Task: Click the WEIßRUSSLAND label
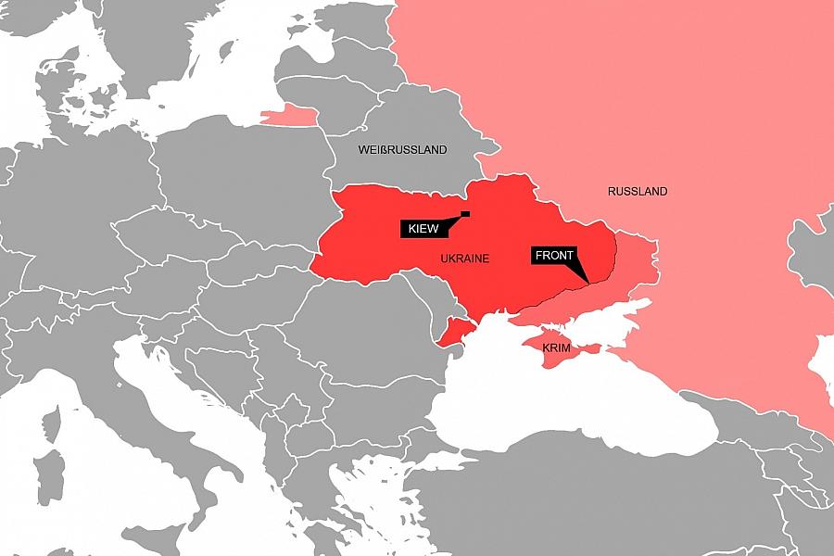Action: pos(402,149)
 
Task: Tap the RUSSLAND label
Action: pos(638,192)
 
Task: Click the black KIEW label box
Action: pos(423,228)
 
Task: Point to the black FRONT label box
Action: pos(554,256)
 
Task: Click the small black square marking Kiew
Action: pos(465,215)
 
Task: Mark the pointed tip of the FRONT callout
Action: pos(588,282)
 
